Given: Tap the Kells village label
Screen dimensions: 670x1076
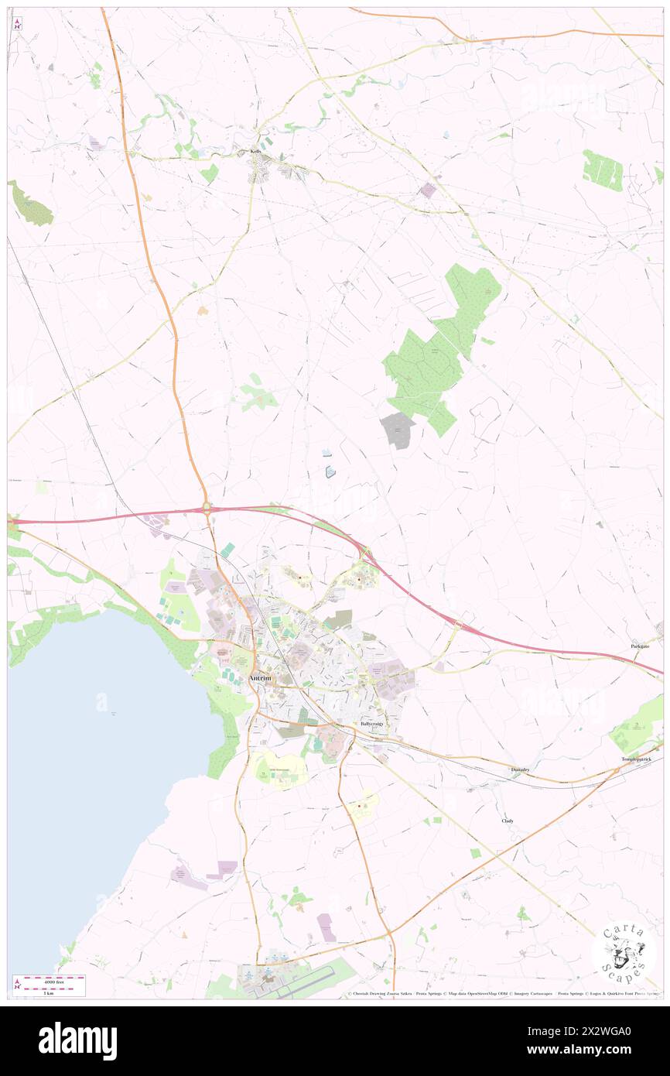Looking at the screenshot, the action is [x=255, y=152].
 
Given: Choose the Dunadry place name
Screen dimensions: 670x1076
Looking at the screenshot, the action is [x=520, y=769].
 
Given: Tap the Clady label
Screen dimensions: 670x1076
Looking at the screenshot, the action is [x=508, y=821].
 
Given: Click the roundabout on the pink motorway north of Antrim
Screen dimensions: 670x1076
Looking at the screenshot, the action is [x=207, y=508].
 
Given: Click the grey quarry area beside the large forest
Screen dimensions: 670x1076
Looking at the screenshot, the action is [x=396, y=430].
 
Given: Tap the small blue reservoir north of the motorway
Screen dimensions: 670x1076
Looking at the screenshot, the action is [x=330, y=471].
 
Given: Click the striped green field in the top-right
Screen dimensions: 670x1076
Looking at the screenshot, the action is [x=602, y=170].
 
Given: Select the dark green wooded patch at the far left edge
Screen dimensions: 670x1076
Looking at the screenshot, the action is [x=30, y=204].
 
